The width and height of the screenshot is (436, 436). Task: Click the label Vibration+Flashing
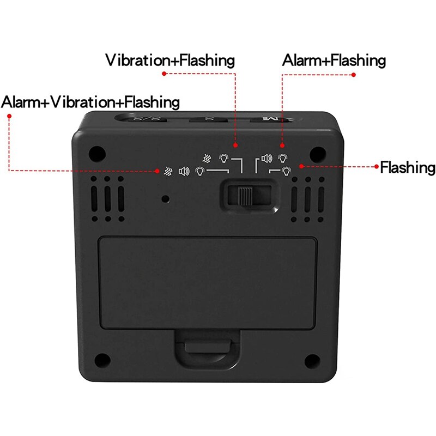coord(170,60)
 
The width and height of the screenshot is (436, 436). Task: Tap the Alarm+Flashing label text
coord(334,60)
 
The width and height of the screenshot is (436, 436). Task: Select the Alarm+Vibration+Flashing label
coord(90,102)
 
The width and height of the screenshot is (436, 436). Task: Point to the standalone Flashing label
coord(408,167)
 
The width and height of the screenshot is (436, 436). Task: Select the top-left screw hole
coord(97,152)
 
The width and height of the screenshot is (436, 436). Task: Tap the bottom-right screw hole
coord(311,360)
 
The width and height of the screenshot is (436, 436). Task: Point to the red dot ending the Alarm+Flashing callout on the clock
coord(282,146)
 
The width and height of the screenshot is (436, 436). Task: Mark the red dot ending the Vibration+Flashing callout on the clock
coord(235,146)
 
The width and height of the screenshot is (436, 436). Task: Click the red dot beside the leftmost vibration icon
coord(156,171)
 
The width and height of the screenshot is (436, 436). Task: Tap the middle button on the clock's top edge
coord(207,118)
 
